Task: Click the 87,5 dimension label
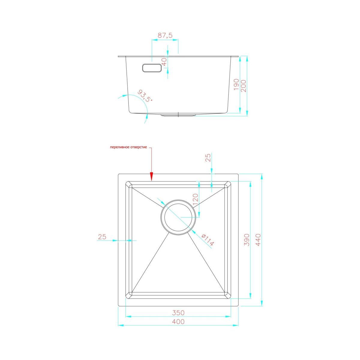tap(165, 35)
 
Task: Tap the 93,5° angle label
tap(145, 96)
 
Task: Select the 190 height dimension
tap(236, 84)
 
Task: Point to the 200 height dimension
tap(244, 86)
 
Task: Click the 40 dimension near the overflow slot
tap(164, 62)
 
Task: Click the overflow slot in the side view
tap(152, 68)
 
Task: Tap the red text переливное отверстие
tap(128, 147)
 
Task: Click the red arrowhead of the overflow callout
tap(151, 177)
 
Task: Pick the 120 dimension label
tap(195, 200)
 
